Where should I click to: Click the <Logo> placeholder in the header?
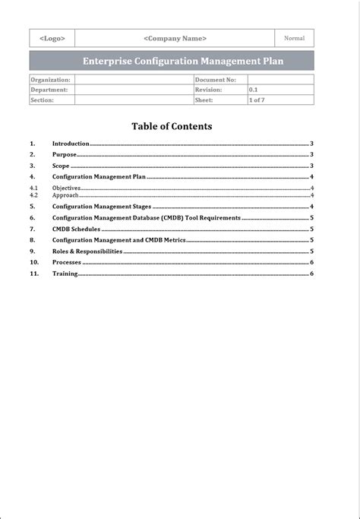pos(52,38)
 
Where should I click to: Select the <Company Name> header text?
pos(175,38)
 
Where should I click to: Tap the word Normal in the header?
pos(294,38)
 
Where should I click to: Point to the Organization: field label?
pos(50,79)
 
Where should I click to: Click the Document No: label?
pos(215,79)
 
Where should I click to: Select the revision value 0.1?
pos(254,90)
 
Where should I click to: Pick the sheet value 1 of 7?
pos(257,100)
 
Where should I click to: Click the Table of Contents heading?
pos(172,126)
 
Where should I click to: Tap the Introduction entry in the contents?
pos(71,143)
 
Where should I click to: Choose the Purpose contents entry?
pos(65,154)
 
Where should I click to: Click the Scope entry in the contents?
pos(61,165)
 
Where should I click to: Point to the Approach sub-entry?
pos(65,195)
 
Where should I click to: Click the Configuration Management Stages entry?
pos(102,206)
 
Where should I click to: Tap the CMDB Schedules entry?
pos(76,229)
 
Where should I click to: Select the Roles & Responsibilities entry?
pos(87,251)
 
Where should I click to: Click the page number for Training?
pos(311,274)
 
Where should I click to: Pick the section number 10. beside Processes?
pos(34,262)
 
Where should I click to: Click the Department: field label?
pos(49,90)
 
